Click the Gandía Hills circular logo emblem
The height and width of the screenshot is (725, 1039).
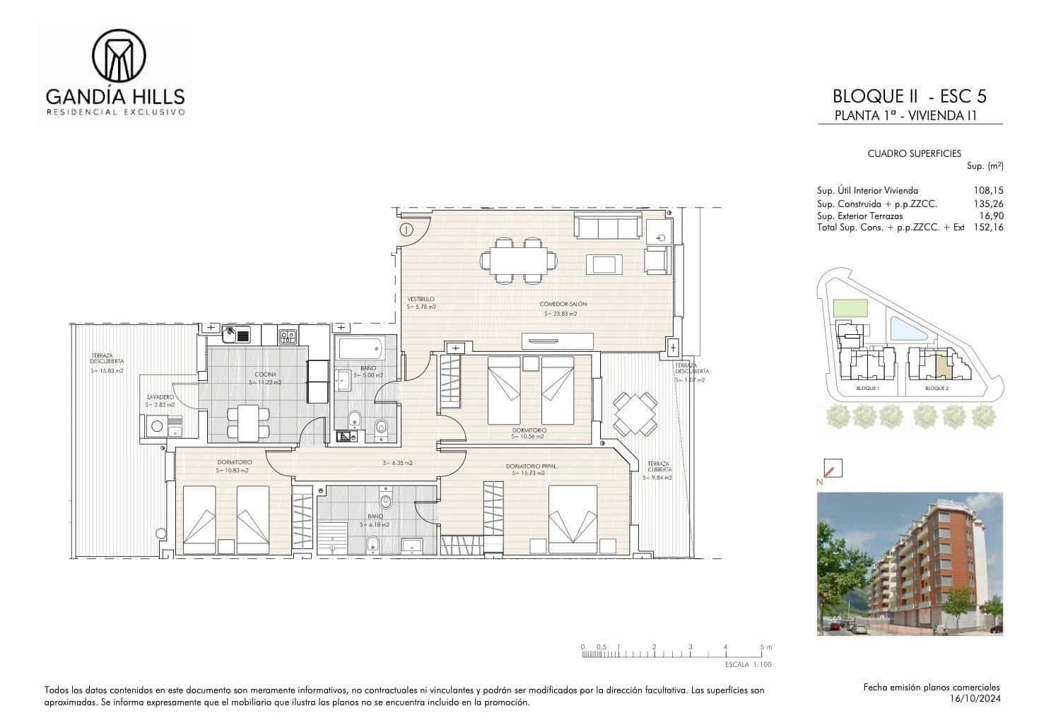pyautogui.click(x=119, y=56)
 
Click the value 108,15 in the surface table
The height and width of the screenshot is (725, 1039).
pyautogui.click(x=988, y=190)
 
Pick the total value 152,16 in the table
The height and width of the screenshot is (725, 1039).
pyautogui.click(x=988, y=228)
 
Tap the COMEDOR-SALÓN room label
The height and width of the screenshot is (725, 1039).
pyautogui.click(x=563, y=305)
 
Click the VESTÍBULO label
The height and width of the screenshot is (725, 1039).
pyautogui.click(x=421, y=299)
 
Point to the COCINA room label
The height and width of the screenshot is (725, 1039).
pyautogui.click(x=266, y=375)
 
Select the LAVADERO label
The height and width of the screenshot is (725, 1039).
pyautogui.click(x=160, y=397)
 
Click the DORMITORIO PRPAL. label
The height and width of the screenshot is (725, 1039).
pyautogui.click(x=530, y=466)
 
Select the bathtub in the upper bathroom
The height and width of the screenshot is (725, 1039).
pyautogui.click(x=360, y=348)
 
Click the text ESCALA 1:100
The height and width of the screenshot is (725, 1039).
pyautogui.click(x=749, y=665)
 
